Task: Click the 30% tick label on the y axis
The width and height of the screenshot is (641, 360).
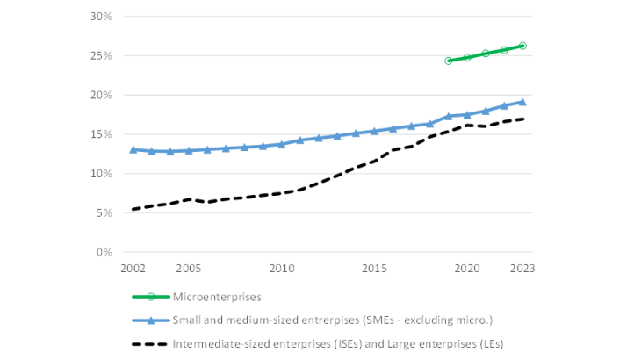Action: tap(101, 17)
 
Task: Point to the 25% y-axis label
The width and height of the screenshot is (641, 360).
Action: tap(101, 56)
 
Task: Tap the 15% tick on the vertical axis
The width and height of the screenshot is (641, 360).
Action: tap(101, 134)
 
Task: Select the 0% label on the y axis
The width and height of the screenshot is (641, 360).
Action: tap(104, 252)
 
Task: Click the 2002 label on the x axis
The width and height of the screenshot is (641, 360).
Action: tap(133, 268)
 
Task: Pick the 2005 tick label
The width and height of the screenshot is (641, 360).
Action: tap(189, 268)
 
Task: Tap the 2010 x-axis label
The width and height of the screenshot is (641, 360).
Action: tap(282, 268)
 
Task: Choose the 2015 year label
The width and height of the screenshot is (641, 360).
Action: tap(374, 268)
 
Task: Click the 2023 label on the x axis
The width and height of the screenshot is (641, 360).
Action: tap(522, 268)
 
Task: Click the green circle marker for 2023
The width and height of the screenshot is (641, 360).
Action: tap(522, 46)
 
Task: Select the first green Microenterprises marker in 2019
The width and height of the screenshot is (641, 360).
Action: tap(449, 61)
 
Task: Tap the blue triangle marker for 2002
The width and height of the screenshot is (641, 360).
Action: tap(133, 149)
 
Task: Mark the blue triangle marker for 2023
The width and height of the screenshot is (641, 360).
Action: tap(522, 102)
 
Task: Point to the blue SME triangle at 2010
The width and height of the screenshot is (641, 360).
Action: tap(282, 144)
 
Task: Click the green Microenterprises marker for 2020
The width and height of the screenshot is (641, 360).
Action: tap(467, 58)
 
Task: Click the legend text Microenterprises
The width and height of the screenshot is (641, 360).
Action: tap(217, 297)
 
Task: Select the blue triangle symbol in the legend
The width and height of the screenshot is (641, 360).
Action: tap(151, 320)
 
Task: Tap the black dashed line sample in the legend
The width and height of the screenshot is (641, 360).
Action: tap(150, 344)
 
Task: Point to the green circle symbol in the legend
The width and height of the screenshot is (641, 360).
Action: tap(151, 297)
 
